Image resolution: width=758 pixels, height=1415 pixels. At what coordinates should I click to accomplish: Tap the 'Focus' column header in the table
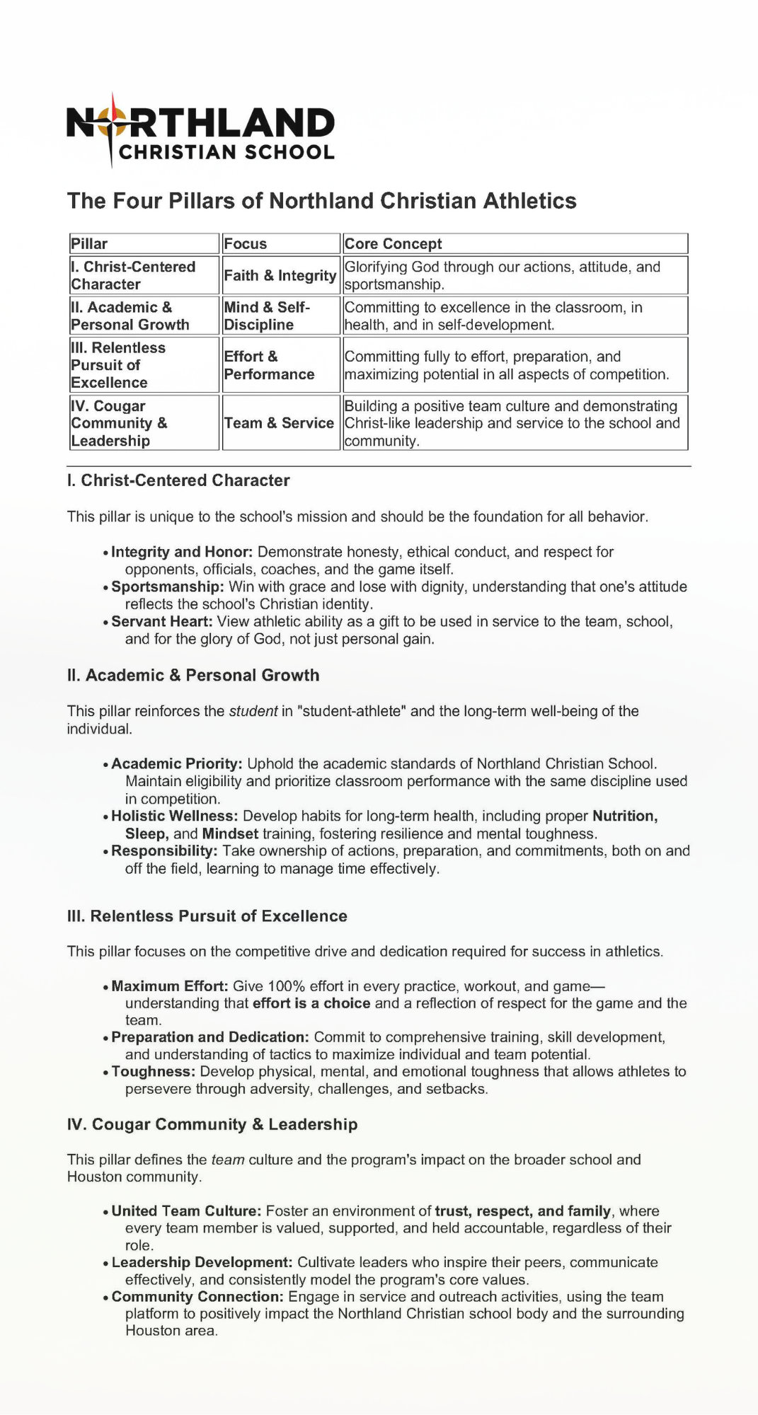point(246,244)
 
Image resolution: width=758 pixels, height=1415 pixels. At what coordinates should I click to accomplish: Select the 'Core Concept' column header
point(393,244)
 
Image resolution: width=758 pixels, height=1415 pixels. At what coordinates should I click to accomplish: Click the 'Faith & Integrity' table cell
point(280,275)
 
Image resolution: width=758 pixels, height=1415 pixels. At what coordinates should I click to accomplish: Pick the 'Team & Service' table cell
point(279,423)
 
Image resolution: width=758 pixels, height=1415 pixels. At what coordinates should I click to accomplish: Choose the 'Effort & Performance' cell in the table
point(269,365)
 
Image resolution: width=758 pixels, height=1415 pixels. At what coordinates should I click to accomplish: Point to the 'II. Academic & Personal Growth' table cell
point(130,316)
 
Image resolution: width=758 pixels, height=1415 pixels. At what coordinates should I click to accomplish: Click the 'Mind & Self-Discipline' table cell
point(267,316)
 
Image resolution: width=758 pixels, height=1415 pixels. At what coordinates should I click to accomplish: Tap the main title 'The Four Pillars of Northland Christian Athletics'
point(321,201)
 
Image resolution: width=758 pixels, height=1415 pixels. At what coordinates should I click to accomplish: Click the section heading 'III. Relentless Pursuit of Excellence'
point(207,916)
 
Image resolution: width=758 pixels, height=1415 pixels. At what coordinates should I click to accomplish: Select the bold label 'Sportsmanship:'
point(168,587)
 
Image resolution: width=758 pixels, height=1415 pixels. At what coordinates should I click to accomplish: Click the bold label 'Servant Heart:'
point(162,621)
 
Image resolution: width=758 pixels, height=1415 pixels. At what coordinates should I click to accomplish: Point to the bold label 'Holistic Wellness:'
point(175,816)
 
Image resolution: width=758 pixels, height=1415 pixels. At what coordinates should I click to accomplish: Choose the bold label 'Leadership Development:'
point(202,1262)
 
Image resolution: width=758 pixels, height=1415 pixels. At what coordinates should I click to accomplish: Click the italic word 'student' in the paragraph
point(253,711)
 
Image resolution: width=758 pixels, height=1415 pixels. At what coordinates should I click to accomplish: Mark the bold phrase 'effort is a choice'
point(311,1003)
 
